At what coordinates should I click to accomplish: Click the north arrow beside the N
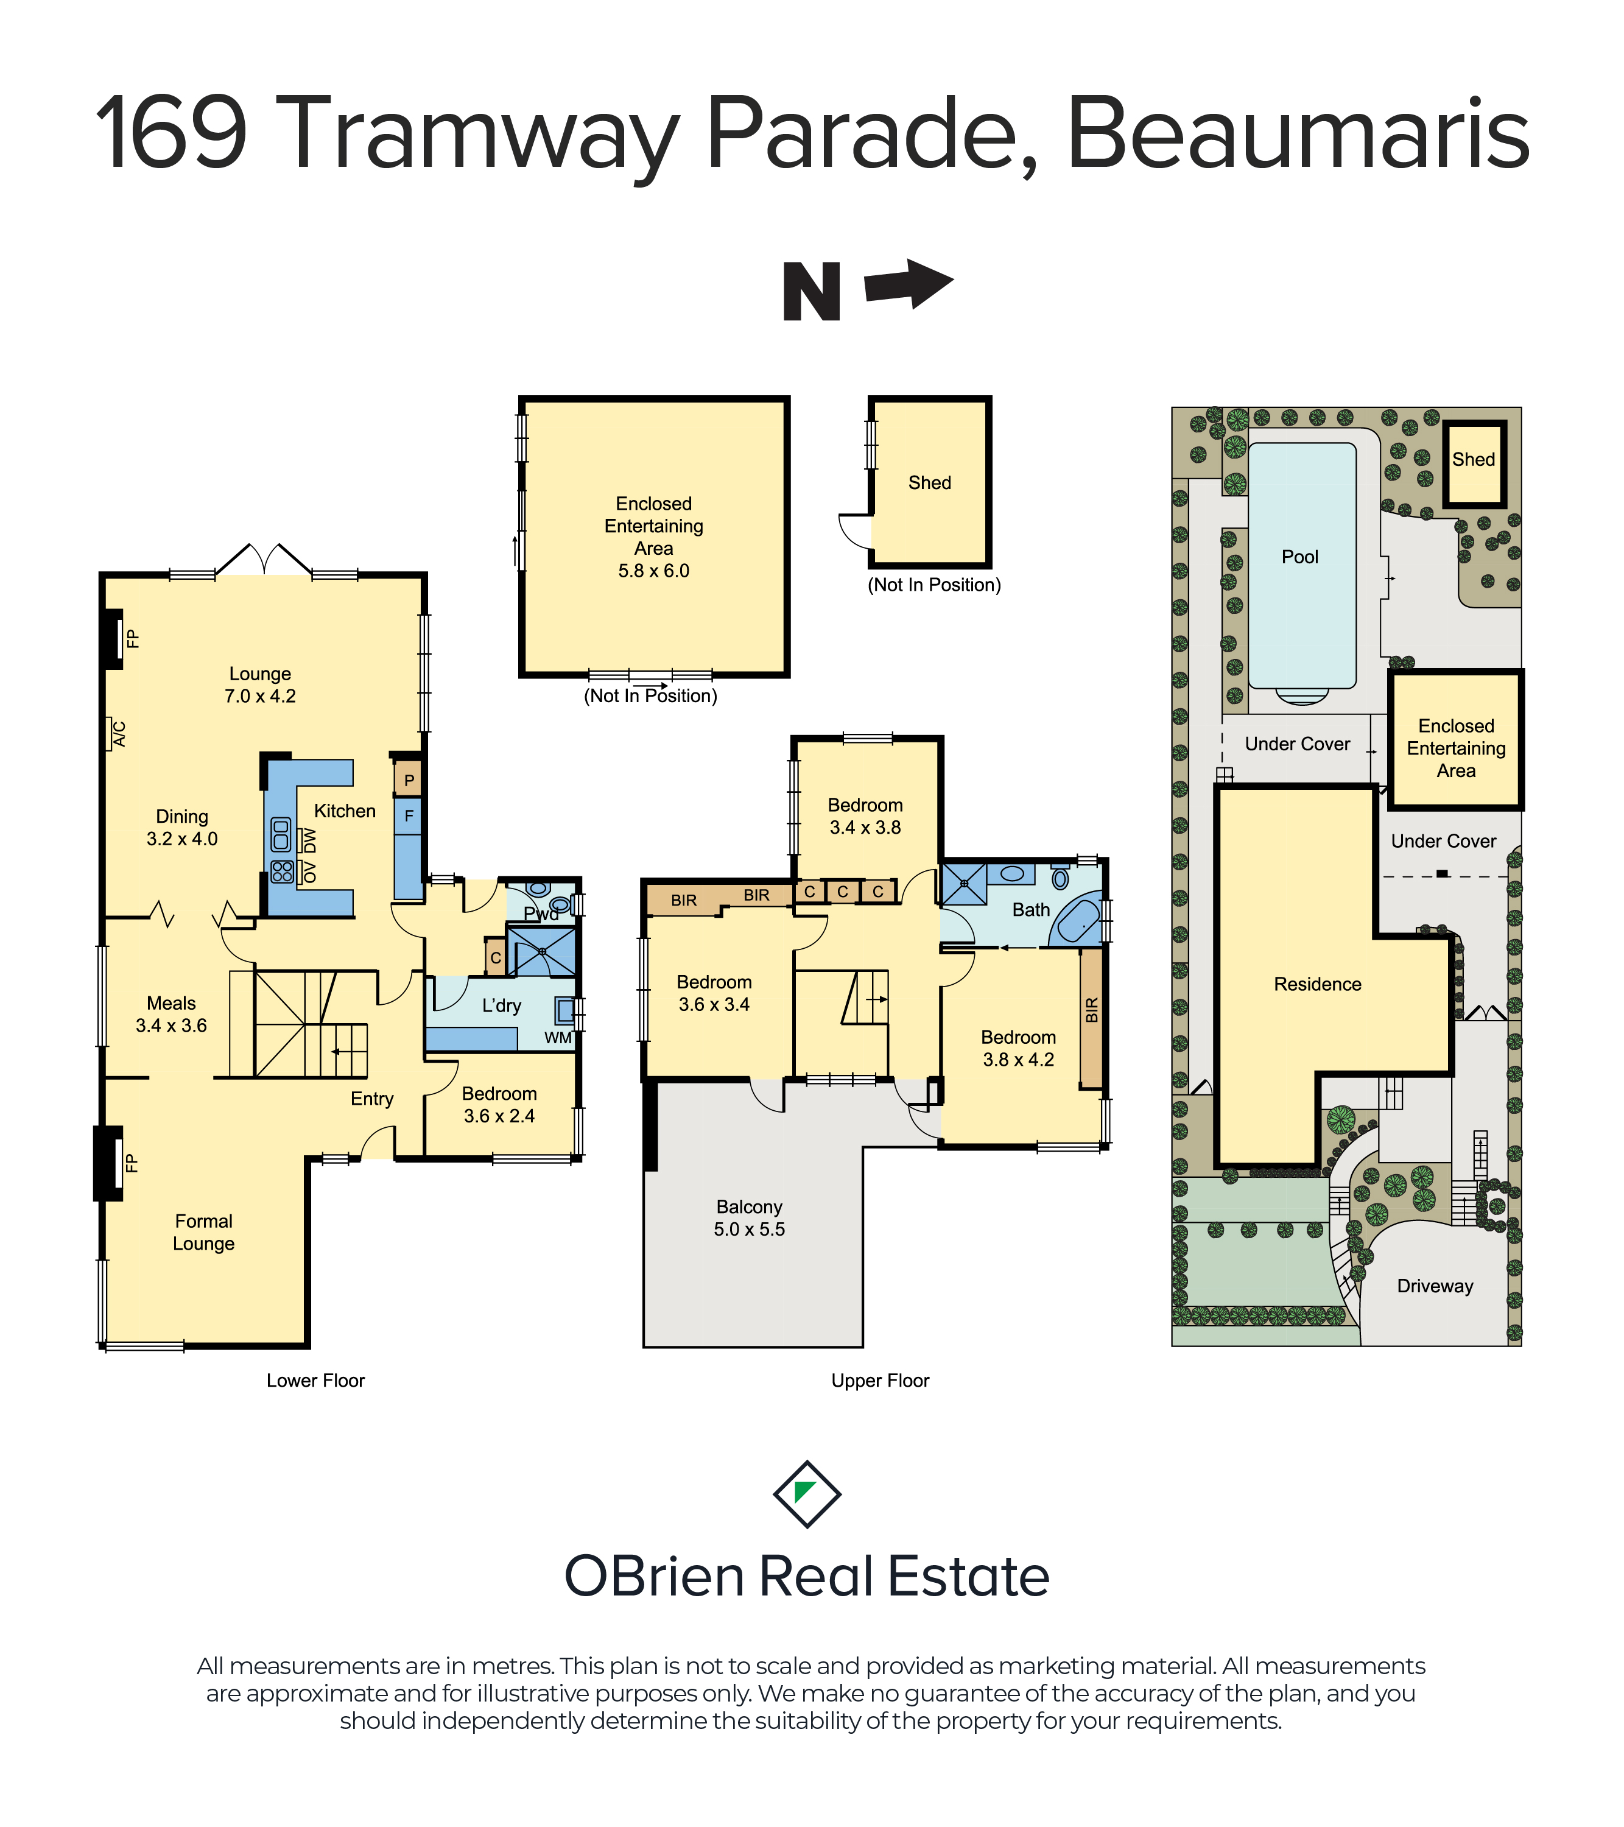(x=909, y=284)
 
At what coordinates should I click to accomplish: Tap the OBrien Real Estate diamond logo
(x=807, y=1494)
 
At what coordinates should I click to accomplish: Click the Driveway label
(x=1435, y=1286)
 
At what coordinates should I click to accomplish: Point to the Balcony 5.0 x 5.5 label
(x=749, y=1218)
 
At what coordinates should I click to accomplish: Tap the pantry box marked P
(x=409, y=780)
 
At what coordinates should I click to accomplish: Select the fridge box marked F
(x=409, y=816)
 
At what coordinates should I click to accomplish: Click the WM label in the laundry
(x=558, y=1038)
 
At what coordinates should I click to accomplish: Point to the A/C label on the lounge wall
(x=119, y=734)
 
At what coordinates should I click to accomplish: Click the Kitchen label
(x=345, y=811)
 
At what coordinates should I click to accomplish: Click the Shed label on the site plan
(x=1473, y=459)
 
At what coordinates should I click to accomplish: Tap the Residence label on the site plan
(x=1318, y=984)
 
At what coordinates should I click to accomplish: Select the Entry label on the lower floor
(x=372, y=1099)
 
